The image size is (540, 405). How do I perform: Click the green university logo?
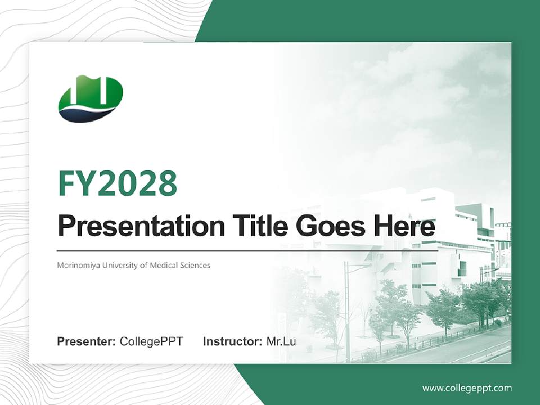click(90, 98)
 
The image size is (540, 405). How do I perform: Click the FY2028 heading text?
click(118, 183)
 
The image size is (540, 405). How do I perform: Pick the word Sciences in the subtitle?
click(194, 265)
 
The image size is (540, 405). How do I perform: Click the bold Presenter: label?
click(87, 341)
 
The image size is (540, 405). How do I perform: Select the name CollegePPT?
click(151, 341)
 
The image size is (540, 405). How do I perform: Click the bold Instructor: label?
click(232, 341)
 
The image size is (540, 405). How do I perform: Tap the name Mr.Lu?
click(281, 341)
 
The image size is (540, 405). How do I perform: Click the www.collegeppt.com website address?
click(467, 388)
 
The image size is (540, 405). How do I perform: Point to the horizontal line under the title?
click(247, 250)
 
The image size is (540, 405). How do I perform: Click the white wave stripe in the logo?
click(90, 107)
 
